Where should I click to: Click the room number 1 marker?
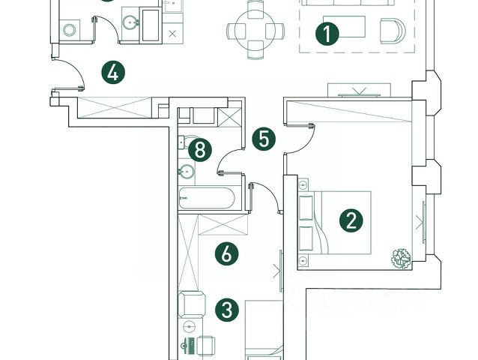pos(327,34)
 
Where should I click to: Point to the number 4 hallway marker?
pos(112,73)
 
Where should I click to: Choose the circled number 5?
pos(261,139)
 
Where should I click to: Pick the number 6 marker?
pos(226,253)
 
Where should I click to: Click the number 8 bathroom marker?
pos(199,149)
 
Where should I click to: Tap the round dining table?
pos(256,30)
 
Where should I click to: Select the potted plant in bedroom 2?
pos(401,257)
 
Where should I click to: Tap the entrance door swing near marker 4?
pos(69,76)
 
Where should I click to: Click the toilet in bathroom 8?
pos(184,141)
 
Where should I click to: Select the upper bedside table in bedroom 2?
pos(303,184)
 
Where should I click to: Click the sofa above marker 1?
pos(348,3)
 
